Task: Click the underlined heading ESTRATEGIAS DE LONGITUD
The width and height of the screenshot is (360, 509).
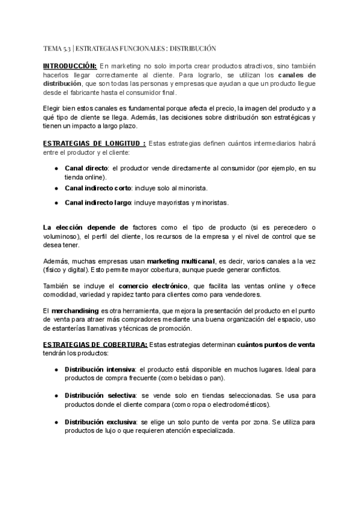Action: coord(94,144)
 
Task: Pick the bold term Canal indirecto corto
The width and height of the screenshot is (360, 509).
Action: coord(98,188)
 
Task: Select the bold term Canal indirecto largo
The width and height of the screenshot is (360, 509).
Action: coord(98,203)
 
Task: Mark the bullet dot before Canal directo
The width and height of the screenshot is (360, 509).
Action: coord(56,169)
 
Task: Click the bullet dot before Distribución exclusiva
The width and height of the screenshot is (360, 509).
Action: coord(56,423)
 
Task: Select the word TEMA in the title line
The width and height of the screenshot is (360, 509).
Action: coord(53,48)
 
